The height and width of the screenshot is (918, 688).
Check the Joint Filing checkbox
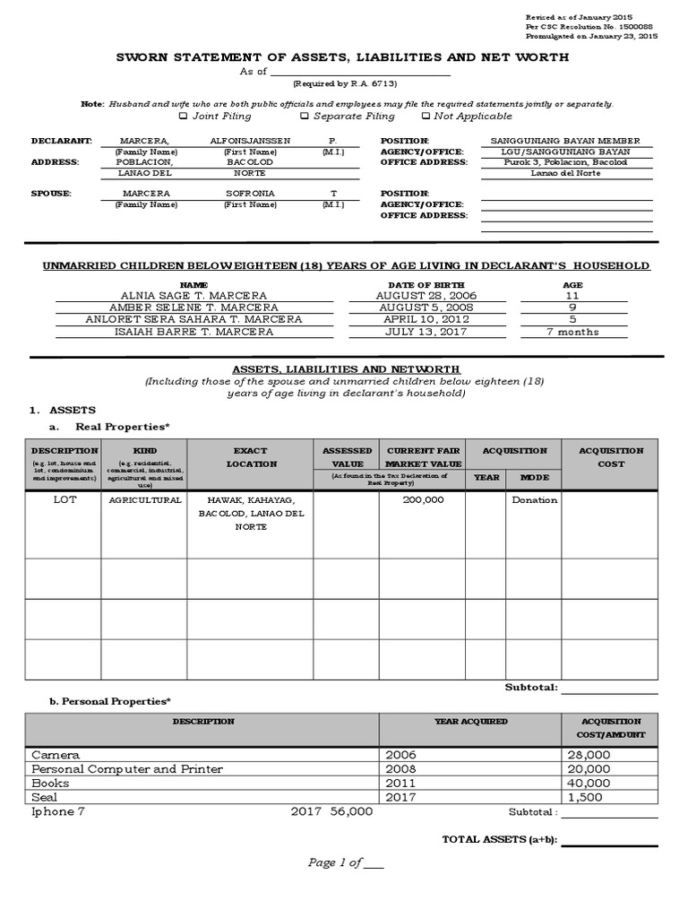coord(184,116)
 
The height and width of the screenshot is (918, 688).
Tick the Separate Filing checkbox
coord(305,116)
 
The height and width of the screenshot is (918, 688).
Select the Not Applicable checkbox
coord(426,116)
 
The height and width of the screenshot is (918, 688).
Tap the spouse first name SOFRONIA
coord(250,194)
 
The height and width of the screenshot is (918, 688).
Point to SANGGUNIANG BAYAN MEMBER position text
coord(565,142)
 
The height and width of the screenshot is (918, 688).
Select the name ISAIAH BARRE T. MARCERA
coord(193,332)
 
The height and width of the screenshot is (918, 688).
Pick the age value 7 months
coord(572,332)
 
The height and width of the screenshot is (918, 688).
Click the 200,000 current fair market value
coord(423,500)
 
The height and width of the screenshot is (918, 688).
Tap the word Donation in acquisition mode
coord(534,500)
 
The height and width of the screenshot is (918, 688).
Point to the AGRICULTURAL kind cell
coord(145,500)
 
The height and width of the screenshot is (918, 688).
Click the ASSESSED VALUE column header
coord(347,457)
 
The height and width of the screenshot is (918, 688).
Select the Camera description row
coord(56,755)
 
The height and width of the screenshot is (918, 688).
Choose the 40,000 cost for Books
coord(589,783)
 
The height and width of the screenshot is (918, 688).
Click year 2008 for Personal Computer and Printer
coord(400,769)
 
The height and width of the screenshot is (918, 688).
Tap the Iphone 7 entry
coord(58,811)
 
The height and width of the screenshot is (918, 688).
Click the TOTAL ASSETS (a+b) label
coord(499,839)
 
